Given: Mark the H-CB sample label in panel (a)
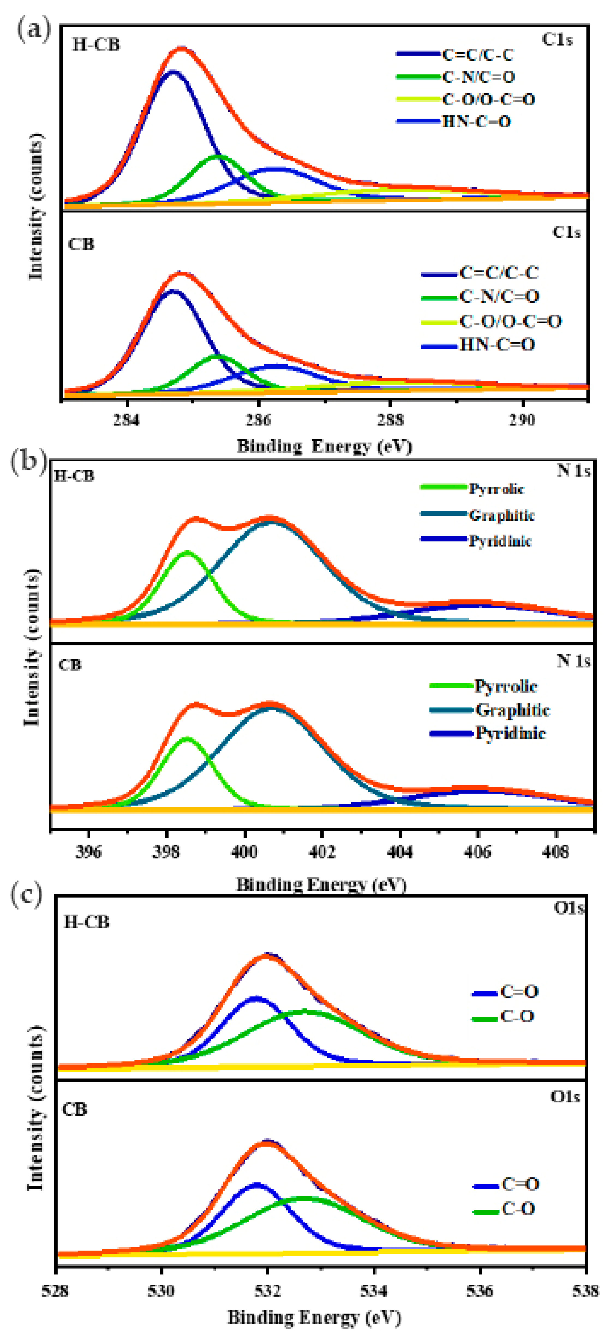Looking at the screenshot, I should point(96,45).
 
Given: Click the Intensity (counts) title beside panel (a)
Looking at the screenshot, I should point(36,207).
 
